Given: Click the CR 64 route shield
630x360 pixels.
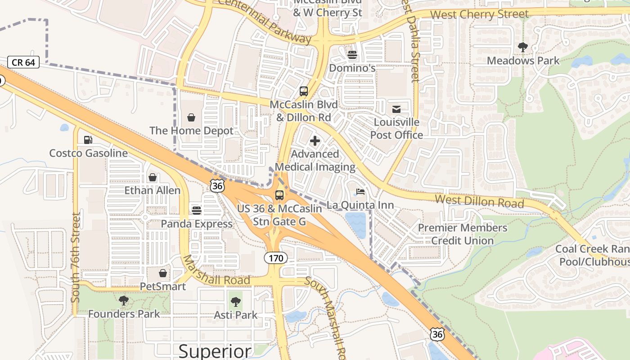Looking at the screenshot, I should pyautogui.click(x=23, y=62).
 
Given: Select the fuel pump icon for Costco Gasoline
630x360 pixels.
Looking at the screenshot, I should pyautogui.click(x=88, y=140).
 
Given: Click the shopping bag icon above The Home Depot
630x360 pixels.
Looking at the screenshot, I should pyautogui.click(x=191, y=117).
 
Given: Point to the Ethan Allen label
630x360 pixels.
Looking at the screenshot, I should pyautogui.click(x=153, y=190).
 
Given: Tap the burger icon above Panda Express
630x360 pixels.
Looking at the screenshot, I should pyautogui.click(x=196, y=210).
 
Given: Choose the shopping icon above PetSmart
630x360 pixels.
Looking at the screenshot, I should pyautogui.click(x=163, y=273).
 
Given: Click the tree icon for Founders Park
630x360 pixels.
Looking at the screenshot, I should pyautogui.click(x=124, y=300).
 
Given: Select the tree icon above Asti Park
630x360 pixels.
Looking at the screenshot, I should pyautogui.click(x=235, y=301).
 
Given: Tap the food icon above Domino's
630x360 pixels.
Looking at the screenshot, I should pyautogui.click(x=352, y=55).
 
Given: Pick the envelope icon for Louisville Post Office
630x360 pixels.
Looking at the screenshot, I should pyautogui.click(x=396, y=109).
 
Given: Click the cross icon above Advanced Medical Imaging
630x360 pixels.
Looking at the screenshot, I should pyautogui.click(x=315, y=141).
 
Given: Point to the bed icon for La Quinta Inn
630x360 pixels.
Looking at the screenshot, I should pyautogui.click(x=360, y=192).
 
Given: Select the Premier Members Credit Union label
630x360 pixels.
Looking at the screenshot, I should pyautogui.click(x=463, y=234).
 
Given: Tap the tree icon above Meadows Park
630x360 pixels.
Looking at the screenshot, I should pyautogui.click(x=523, y=47).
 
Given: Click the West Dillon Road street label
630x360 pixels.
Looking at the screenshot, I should pyautogui.click(x=479, y=201).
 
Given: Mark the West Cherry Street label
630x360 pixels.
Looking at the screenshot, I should pyautogui.click(x=479, y=14).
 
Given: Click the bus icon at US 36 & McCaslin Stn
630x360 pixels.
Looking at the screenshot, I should pyautogui.click(x=279, y=195).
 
